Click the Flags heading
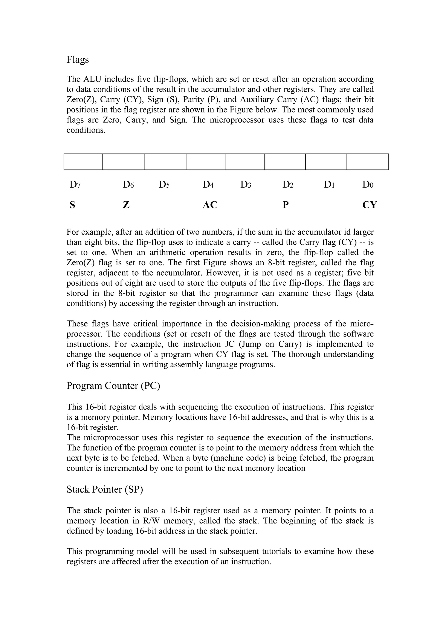click(x=78, y=60)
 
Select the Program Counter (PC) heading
click(x=113, y=385)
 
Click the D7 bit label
click(x=75, y=185)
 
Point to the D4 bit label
click(x=208, y=185)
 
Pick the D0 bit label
click(x=368, y=185)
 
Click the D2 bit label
click(x=288, y=185)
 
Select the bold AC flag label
click(x=210, y=205)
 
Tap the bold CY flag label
click(x=370, y=205)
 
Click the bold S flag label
click(x=72, y=205)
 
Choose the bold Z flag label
click(x=126, y=205)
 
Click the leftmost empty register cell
click(x=83, y=162)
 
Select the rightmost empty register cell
click(x=367, y=162)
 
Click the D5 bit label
click(x=164, y=185)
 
